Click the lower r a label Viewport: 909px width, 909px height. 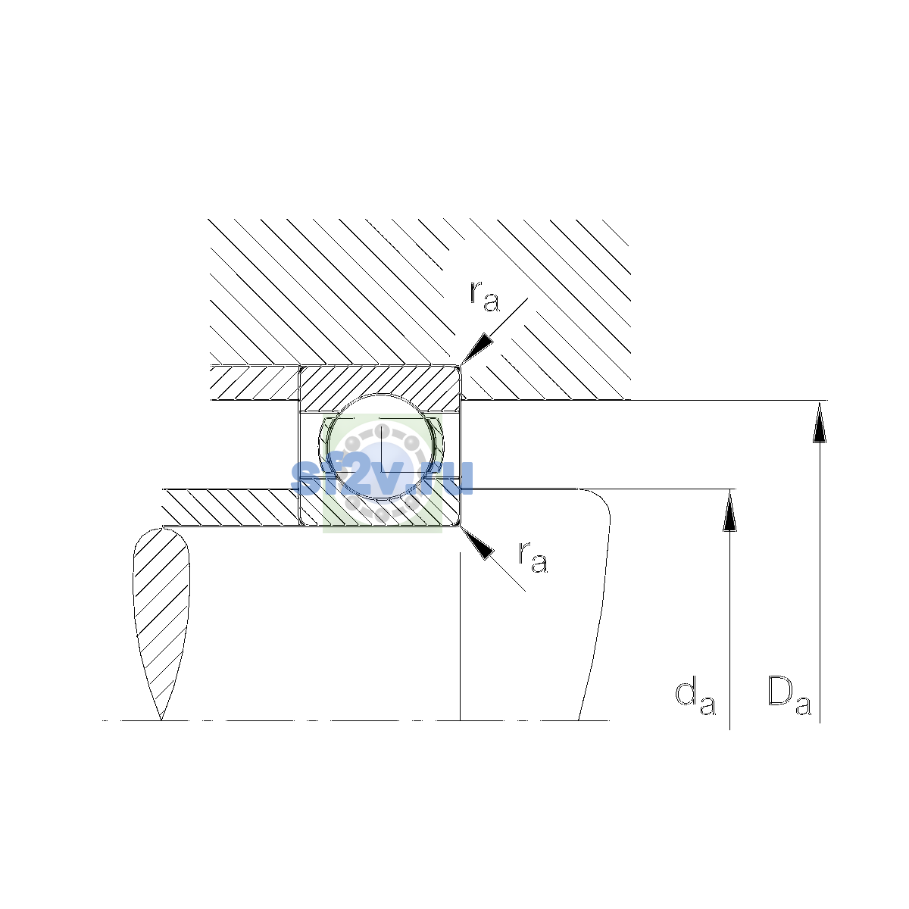533,558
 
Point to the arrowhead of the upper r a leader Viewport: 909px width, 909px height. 476,348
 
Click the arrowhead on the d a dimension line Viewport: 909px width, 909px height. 729,510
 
